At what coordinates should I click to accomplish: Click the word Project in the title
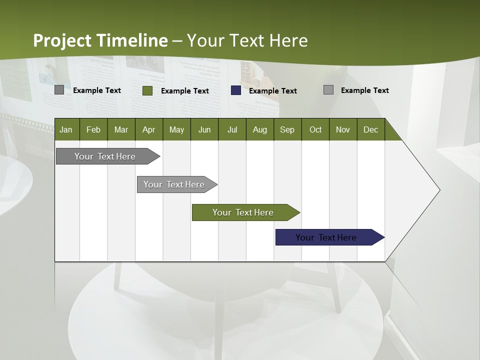(x=63, y=40)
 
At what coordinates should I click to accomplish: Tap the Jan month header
(x=66, y=129)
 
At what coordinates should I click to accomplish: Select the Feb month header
(x=93, y=129)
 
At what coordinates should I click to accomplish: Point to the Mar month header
(x=121, y=129)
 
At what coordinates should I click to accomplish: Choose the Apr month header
(x=149, y=129)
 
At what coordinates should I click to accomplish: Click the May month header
(x=176, y=129)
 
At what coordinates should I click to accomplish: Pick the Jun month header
(x=204, y=129)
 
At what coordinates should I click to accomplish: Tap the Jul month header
(x=232, y=129)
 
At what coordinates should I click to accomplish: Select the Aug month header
(x=260, y=129)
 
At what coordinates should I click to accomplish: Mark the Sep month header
(x=287, y=129)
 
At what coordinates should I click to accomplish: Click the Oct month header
(x=315, y=129)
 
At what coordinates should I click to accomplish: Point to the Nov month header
(x=343, y=129)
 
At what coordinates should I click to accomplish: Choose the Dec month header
(x=371, y=129)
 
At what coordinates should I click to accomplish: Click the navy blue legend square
(x=236, y=90)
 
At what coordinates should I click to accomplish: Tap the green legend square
(x=147, y=90)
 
